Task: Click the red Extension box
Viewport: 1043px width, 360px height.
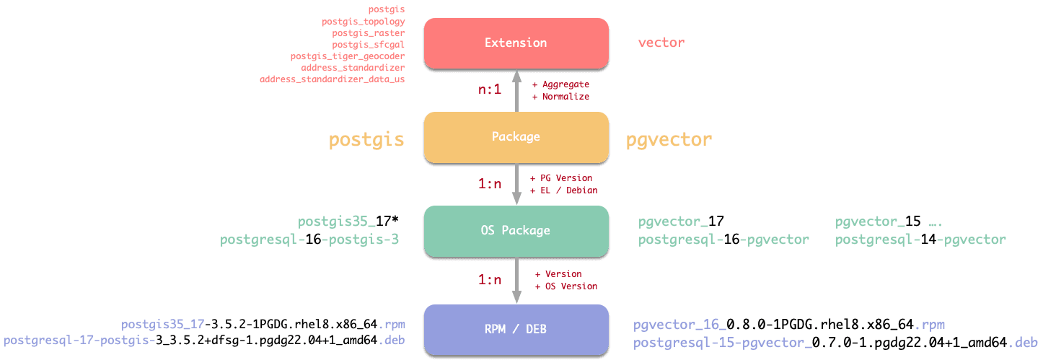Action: pyautogui.click(x=516, y=43)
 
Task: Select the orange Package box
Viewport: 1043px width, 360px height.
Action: pyautogui.click(x=516, y=136)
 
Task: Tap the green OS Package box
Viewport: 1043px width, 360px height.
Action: pyautogui.click(x=516, y=231)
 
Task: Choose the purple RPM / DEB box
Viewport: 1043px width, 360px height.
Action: pyautogui.click(x=516, y=329)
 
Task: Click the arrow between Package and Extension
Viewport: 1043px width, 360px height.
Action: pyautogui.click(x=516, y=90)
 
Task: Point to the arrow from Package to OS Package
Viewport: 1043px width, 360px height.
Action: pyautogui.click(x=516, y=184)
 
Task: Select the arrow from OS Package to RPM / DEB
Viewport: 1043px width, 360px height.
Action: pyautogui.click(x=516, y=280)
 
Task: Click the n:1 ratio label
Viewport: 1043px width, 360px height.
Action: pyautogui.click(x=490, y=90)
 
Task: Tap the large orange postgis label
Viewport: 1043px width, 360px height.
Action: pyautogui.click(x=366, y=140)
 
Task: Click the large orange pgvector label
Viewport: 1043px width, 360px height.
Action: pyautogui.click(x=669, y=140)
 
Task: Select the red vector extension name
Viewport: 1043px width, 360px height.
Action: pyautogui.click(x=661, y=43)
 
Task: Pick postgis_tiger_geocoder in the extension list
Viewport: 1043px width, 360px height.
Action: pyautogui.click(x=348, y=56)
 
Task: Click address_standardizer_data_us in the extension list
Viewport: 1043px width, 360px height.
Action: pyautogui.click(x=333, y=79)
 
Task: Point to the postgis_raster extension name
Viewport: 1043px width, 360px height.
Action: pyautogui.click(x=369, y=33)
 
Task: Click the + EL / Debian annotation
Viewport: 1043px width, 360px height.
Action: pyautogui.click(x=563, y=190)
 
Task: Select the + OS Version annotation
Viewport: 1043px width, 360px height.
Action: pyautogui.click(x=565, y=286)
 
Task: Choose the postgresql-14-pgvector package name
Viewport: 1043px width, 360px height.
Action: pyautogui.click(x=920, y=240)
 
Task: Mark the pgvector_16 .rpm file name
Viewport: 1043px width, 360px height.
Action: pyautogui.click(x=789, y=325)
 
